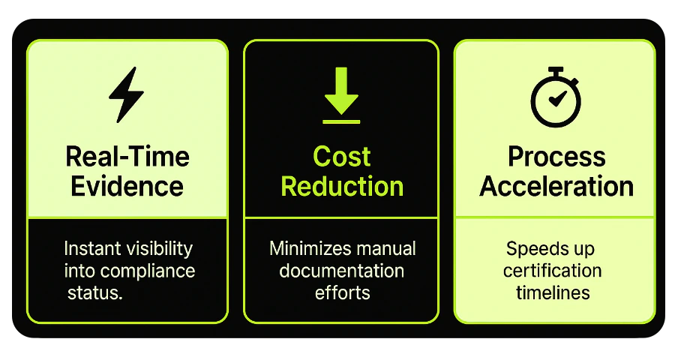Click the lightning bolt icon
pyautogui.click(x=126, y=94)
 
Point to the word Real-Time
pyautogui.click(x=127, y=157)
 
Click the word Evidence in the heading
pyautogui.click(x=127, y=185)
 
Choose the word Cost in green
pyautogui.click(x=341, y=157)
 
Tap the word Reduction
pyautogui.click(x=341, y=185)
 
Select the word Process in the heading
pyautogui.click(x=556, y=157)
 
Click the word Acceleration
pyautogui.click(x=556, y=185)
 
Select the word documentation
pyautogui.click(x=341, y=270)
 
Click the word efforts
pyautogui.click(x=341, y=292)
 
